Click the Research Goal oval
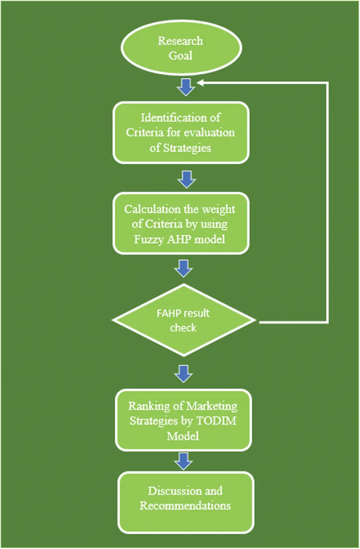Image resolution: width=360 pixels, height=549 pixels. tap(181, 48)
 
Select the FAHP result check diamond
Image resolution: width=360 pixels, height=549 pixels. tap(184, 320)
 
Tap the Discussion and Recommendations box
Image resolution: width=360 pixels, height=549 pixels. tap(186, 503)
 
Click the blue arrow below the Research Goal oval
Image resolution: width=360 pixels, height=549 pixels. tap(186, 87)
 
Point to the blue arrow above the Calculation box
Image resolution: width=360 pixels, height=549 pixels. tap(186, 180)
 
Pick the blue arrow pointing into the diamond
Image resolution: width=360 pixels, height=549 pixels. tap(184, 269)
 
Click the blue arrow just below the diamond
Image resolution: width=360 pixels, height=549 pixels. tap(184, 374)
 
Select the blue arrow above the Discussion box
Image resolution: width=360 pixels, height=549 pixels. tap(184, 461)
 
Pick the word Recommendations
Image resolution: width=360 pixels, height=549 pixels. tap(185, 506)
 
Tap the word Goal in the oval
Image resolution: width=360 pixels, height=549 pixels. tap(180, 55)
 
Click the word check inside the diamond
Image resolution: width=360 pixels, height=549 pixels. tap(183, 328)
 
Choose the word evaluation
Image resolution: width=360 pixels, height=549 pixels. tap(209, 133)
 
